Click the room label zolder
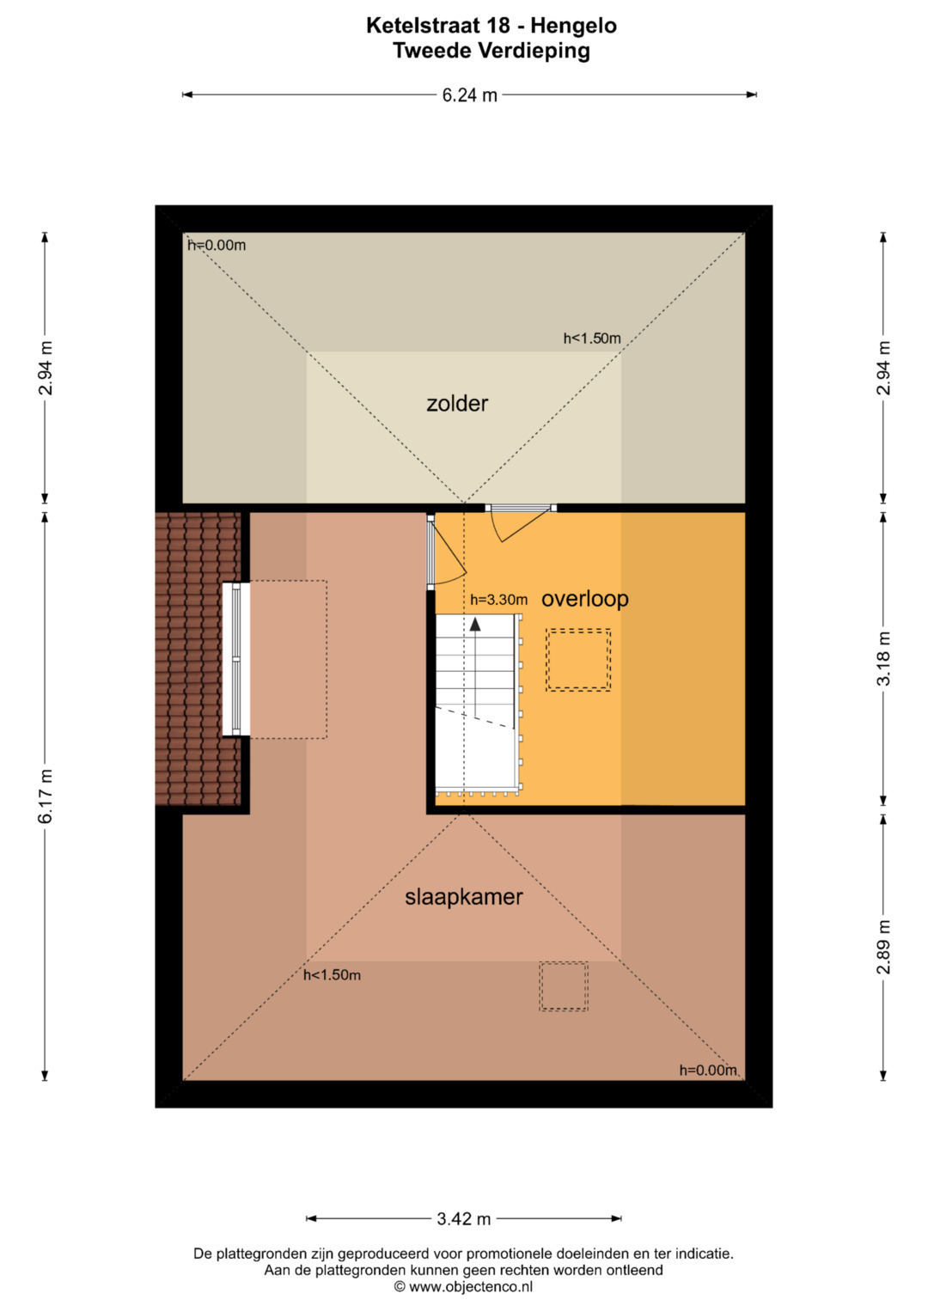[x=457, y=404]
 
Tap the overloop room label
[x=584, y=599]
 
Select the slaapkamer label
[x=463, y=897]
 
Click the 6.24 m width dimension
[x=469, y=95]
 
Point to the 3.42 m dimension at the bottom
[x=463, y=1219]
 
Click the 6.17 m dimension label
[x=46, y=796]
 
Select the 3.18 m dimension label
[x=883, y=658]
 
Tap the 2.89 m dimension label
[x=883, y=947]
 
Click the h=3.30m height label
[x=498, y=600]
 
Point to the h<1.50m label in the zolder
[x=592, y=338]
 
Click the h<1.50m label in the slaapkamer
[x=332, y=974]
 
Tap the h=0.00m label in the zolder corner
[x=217, y=245]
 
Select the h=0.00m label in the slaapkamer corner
[x=708, y=1070]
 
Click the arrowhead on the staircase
[x=475, y=625]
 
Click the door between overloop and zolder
[x=520, y=523]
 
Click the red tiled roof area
[x=198, y=659]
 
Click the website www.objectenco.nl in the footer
[x=470, y=1287]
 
